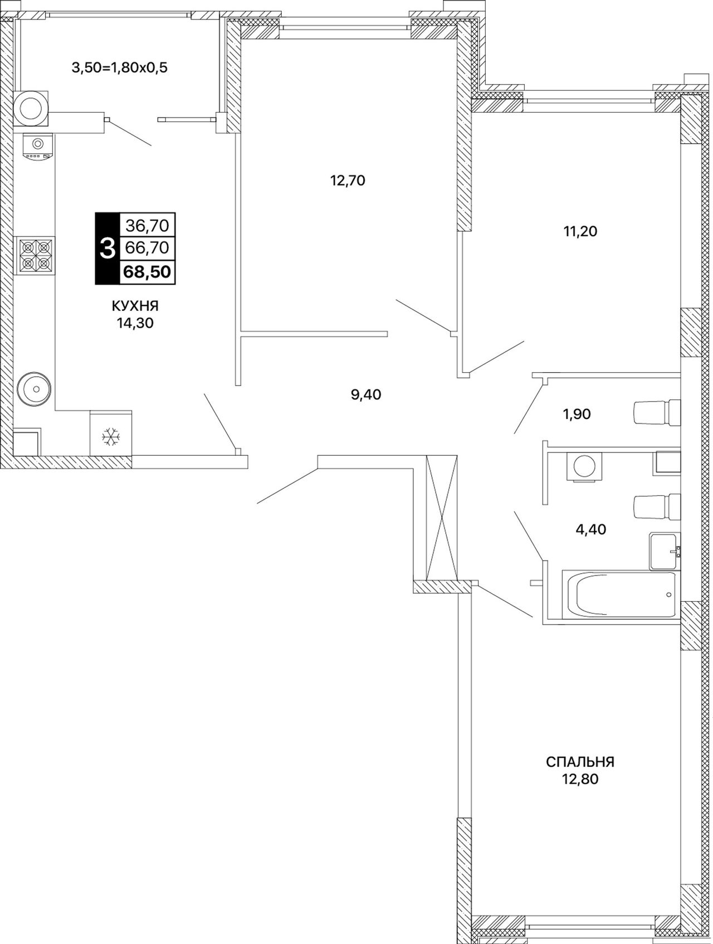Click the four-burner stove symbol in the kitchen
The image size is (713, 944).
[x=36, y=256]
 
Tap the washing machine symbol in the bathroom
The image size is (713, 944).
[x=584, y=465]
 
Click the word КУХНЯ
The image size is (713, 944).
[x=135, y=306]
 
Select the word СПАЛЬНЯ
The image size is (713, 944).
[x=580, y=761]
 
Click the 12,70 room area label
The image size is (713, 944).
[x=348, y=181]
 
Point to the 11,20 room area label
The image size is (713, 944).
[x=580, y=231]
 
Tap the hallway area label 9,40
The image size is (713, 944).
[x=366, y=395]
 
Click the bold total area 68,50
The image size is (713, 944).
[x=148, y=273]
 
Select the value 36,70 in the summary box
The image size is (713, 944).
[x=147, y=226]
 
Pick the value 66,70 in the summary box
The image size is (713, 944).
[x=148, y=247]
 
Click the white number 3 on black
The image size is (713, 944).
[x=107, y=249]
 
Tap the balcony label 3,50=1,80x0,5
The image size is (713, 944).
[x=119, y=68]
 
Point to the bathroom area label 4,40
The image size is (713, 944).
[x=590, y=529]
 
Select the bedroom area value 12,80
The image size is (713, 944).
[x=580, y=779]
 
